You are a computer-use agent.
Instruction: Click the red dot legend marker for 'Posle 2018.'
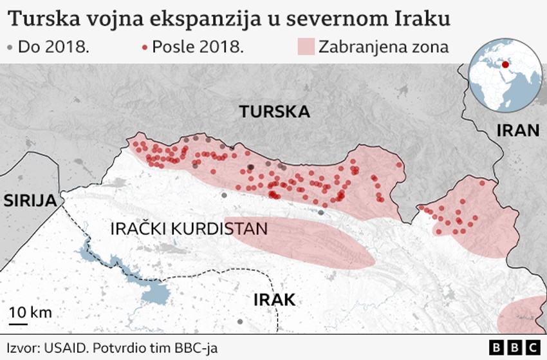coord(144,47)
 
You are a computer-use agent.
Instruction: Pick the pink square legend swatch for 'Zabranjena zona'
coord(306,46)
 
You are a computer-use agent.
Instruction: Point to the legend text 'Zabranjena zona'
coord(384,47)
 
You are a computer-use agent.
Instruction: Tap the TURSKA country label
coord(274,112)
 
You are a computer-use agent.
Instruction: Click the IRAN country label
coord(517,131)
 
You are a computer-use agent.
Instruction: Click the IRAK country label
coord(274,299)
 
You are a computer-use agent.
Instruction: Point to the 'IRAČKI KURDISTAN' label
coord(189,229)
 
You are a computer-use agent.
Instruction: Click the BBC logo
coord(515,347)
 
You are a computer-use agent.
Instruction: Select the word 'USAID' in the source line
coord(64,348)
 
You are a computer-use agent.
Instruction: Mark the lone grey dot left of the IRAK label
coord(240,321)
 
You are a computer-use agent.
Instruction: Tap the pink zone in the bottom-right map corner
coord(524,316)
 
